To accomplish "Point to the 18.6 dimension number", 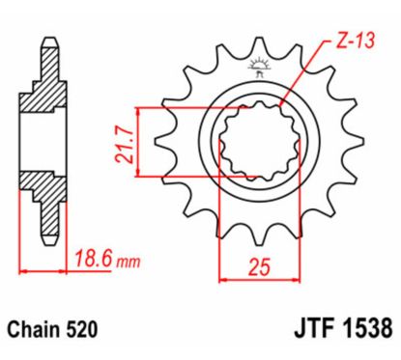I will click(x=94, y=259).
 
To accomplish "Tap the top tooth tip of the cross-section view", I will click(x=47, y=44).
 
